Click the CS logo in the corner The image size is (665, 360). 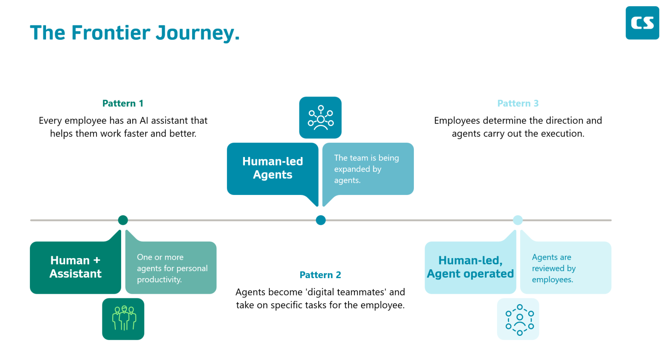[x=642, y=23]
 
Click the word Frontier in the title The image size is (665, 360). [x=111, y=32]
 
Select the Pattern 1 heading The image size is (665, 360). [x=123, y=103]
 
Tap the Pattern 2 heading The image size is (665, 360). [x=320, y=275]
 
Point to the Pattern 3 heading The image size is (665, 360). [x=518, y=103]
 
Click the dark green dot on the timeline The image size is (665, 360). [x=123, y=220]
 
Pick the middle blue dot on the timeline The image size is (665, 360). [x=320, y=220]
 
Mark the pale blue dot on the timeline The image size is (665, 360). [x=518, y=220]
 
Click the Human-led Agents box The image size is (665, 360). [x=273, y=169]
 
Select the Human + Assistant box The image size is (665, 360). [x=76, y=267]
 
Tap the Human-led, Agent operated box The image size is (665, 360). [x=470, y=267]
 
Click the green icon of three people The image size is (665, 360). [x=123, y=319]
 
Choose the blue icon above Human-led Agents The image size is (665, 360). [x=320, y=118]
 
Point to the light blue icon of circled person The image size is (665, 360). [x=518, y=319]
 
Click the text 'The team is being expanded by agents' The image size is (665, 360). [x=366, y=169]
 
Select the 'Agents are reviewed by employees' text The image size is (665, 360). [x=554, y=268]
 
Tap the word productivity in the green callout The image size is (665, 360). [x=159, y=280]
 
